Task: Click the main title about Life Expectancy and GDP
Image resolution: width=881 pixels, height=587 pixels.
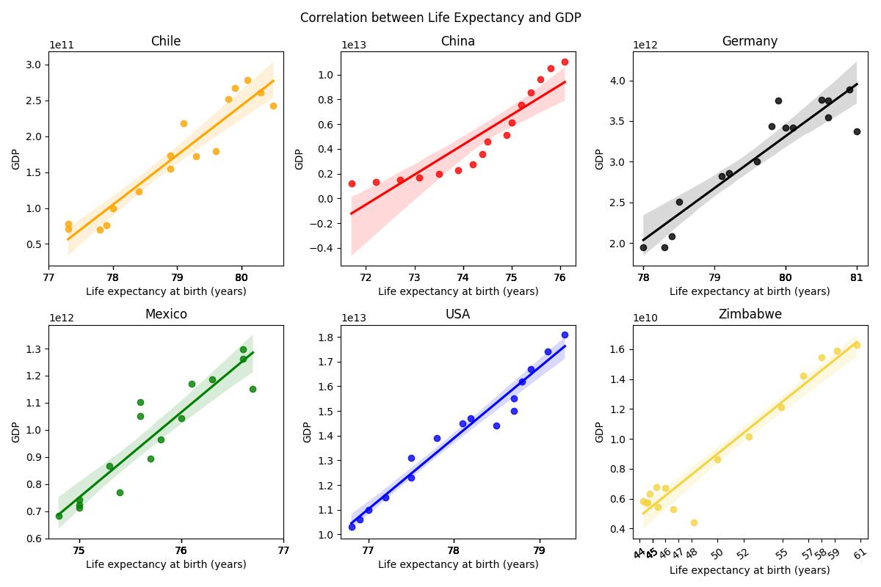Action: (440, 18)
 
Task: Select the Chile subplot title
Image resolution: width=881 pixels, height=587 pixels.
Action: (165, 42)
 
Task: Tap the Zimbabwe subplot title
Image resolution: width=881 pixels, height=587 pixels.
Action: (750, 315)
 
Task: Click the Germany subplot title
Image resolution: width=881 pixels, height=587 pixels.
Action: (750, 42)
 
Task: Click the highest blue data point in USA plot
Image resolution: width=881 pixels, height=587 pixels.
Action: (565, 335)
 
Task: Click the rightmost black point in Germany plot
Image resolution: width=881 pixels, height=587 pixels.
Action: (857, 131)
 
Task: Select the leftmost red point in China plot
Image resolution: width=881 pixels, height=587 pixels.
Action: (352, 183)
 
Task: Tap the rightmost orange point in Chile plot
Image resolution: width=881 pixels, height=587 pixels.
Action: (273, 106)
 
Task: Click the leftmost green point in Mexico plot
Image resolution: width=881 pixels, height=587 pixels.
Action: (59, 516)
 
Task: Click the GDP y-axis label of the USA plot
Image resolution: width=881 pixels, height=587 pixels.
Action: (308, 431)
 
